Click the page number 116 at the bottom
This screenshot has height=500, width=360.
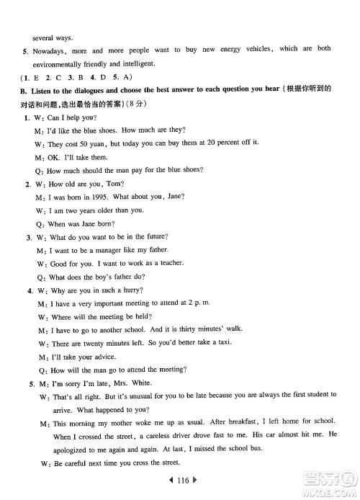pos(179,478)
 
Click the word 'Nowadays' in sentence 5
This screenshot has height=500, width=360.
pos(48,50)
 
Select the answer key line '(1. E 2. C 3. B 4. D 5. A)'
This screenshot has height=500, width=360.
pos(58,76)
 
